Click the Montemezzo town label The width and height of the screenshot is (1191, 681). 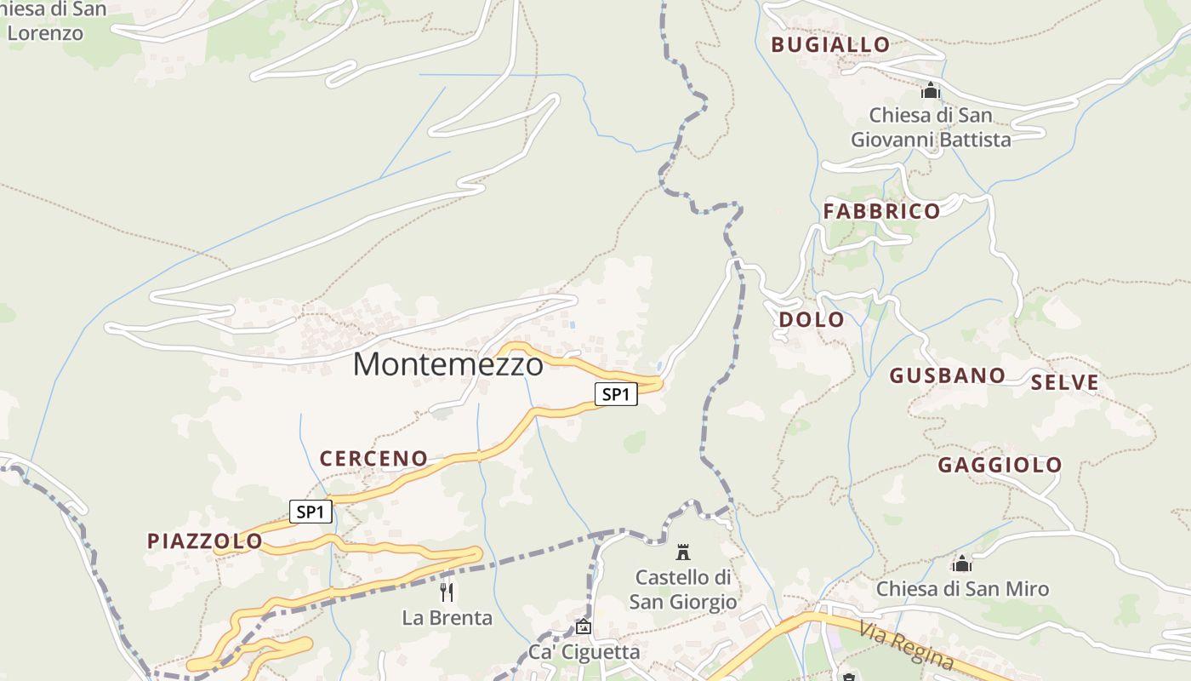(448, 364)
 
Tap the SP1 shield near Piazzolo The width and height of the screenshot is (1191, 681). (311, 512)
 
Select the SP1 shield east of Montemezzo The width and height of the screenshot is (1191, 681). (616, 394)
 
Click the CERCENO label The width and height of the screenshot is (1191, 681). (373, 459)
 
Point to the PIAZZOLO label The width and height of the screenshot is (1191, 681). (205, 541)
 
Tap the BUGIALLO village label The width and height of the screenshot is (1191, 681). (830, 45)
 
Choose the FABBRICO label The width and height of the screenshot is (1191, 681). (881, 211)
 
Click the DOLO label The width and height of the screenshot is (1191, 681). (812, 320)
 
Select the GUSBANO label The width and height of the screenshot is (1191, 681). (947, 375)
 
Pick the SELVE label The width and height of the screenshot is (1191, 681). (1064, 383)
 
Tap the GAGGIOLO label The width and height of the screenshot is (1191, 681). (1000, 465)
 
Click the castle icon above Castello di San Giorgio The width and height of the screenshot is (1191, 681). (683, 552)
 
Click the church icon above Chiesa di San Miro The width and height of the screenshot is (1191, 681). (962, 564)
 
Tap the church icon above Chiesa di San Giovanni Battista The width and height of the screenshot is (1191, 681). (931, 89)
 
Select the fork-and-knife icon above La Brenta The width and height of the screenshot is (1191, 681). (447, 592)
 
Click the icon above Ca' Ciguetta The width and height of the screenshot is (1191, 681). (584, 627)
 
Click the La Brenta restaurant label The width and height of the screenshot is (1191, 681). (447, 618)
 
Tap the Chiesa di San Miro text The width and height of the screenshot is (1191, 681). (962, 589)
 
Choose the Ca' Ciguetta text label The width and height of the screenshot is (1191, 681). (584, 653)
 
